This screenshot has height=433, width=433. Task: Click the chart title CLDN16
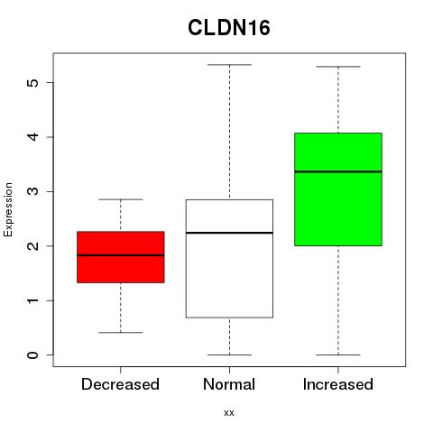[x=229, y=28]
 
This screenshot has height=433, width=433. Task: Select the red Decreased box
[x=121, y=257]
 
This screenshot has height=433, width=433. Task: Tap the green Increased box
[x=338, y=189]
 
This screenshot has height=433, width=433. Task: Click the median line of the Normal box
[x=229, y=233]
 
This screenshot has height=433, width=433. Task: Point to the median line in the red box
[x=121, y=255]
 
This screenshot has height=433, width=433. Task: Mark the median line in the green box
[x=338, y=171]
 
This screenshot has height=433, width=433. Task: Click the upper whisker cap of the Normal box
[x=229, y=65]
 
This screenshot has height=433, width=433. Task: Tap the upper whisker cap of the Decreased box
[x=121, y=199]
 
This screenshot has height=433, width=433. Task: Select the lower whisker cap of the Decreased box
[x=121, y=333]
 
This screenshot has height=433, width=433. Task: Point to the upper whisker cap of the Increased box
[x=338, y=67]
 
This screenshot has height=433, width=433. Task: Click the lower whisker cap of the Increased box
[x=338, y=355]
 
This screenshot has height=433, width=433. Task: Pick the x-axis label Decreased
[x=120, y=384]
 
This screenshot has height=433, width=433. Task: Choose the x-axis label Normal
[x=229, y=384]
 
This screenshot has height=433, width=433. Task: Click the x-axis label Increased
[x=338, y=384]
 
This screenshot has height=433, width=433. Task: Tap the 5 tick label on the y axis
[x=33, y=82]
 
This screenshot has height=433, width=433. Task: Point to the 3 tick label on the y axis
[x=33, y=191]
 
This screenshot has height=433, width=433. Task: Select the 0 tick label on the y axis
[x=33, y=355]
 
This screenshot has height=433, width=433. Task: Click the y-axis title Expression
[x=8, y=209]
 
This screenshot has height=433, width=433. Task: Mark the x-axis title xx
[x=229, y=413]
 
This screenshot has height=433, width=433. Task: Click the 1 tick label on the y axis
[x=33, y=300]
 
